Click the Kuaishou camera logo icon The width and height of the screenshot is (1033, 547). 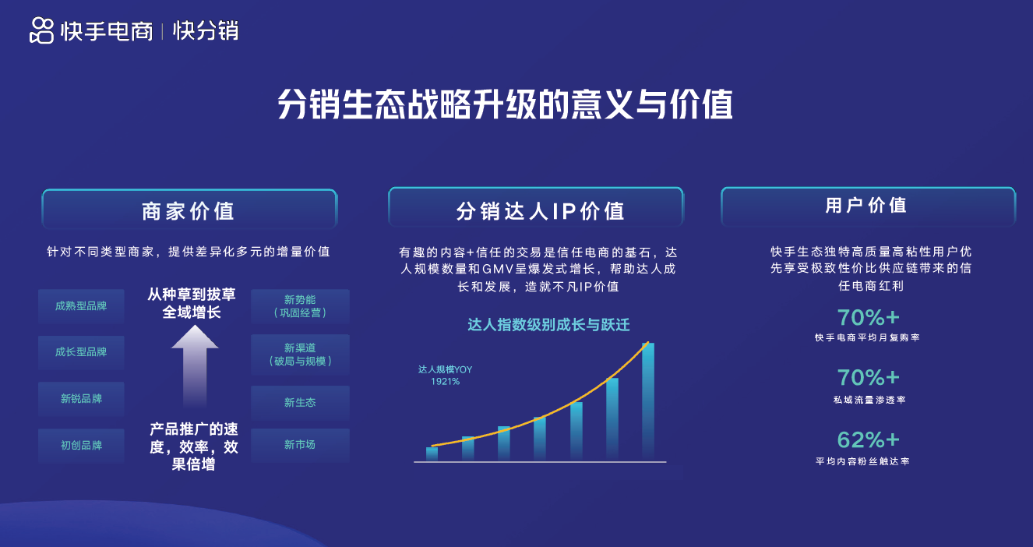(x=41, y=30)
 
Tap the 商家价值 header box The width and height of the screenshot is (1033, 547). (x=189, y=209)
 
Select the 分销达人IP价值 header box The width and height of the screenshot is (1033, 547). (x=536, y=207)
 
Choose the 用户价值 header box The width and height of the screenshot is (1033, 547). (x=869, y=206)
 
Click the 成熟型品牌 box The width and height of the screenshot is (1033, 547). (x=81, y=305)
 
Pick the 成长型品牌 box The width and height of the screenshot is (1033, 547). (x=81, y=352)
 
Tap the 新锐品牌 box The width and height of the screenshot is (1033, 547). (x=81, y=399)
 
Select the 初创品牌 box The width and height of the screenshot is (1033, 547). (x=81, y=446)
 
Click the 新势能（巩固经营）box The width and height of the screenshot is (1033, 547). (x=300, y=306)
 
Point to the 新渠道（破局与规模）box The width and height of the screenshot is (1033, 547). (x=300, y=355)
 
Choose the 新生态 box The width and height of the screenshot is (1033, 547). (x=300, y=403)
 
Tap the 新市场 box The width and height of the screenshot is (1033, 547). (x=300, y=445)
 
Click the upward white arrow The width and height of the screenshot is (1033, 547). (x=195, y=367)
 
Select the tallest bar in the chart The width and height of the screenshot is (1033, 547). (x=648, y=401)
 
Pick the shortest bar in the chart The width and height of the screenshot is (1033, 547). (x=432, y=453)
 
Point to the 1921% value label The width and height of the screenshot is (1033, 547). (x=445, y=382)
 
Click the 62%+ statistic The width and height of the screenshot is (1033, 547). (x=868, y=440)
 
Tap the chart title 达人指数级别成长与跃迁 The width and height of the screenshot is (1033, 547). (x=548, y=325)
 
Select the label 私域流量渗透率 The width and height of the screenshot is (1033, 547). (x=869, y=400)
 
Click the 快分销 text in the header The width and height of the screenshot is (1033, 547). (x=206, y=31)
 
